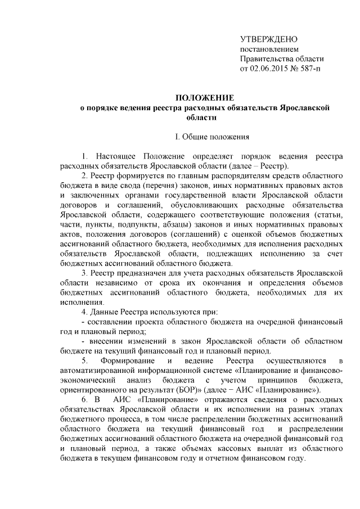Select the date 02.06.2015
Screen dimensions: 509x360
(271, 69)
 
